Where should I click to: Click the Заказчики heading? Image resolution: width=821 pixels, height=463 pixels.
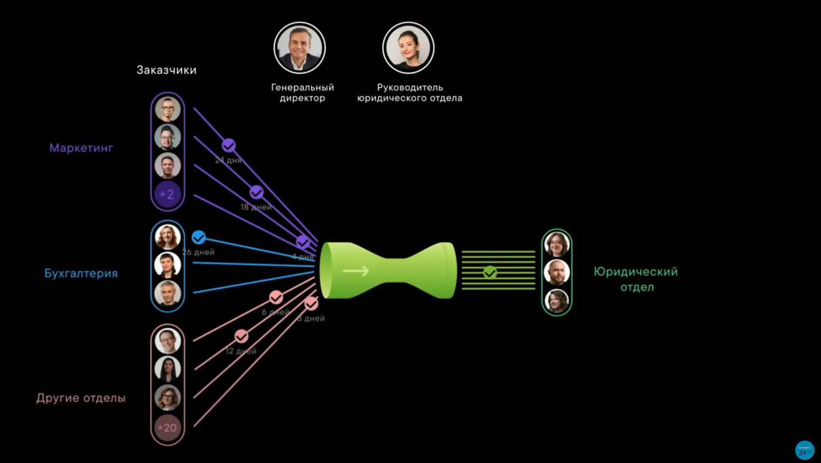(x=166, y=70)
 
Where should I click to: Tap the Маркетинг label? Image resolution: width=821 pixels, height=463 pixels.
(x=81, y=148)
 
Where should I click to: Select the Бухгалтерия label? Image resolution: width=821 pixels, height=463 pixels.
(x=81, y=273)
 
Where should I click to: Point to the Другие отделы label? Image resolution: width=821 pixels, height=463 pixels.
(x=81, y=398)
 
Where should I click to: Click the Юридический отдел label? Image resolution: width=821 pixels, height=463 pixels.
(x=636, y=279)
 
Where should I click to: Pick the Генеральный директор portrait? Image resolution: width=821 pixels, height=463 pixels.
(x=299, y=48)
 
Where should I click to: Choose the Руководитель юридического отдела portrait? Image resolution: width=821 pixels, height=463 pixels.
(x=408, y=48)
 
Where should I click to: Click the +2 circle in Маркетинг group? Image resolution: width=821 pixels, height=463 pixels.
(x=167, y=194)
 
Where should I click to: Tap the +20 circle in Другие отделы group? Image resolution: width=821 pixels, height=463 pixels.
(x=167, y=428)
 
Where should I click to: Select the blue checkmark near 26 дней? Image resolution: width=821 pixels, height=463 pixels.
(x=198, y=237)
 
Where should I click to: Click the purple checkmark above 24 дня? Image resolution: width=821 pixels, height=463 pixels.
(x=229, y=145)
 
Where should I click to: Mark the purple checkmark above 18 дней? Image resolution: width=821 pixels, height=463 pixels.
(x=256, y=193)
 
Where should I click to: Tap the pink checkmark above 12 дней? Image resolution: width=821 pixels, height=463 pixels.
(x=241, y=336)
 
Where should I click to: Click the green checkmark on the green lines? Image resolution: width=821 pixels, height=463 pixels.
(x=490, y=272)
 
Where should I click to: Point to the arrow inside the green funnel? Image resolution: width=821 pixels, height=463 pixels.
(x=356, y=270)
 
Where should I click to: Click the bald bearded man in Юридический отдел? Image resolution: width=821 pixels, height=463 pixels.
(x=556, y=272)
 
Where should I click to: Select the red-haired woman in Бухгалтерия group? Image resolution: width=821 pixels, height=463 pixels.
(x=167, y=237)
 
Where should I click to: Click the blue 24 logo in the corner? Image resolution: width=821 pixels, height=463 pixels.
(x=804, y=450)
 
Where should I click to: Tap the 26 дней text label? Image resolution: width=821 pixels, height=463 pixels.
(x=198, y=252)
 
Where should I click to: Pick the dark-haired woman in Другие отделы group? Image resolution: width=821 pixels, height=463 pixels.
(x=167, y=369)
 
